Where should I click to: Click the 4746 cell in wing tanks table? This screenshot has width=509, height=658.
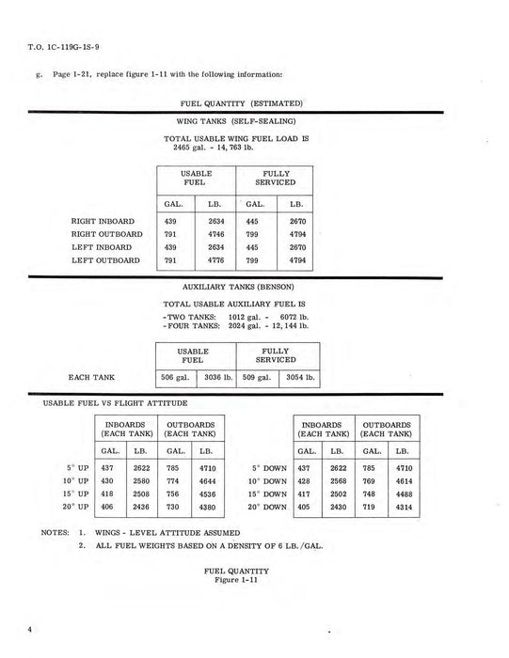point(216,235)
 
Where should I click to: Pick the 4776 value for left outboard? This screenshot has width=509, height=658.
point(216,261)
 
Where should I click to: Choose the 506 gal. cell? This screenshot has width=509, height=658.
point(175,377)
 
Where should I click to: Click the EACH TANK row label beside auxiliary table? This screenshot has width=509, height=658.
point(92,377)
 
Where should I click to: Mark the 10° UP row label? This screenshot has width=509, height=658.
point(77,480)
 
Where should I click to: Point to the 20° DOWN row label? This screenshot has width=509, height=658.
point(267,507)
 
